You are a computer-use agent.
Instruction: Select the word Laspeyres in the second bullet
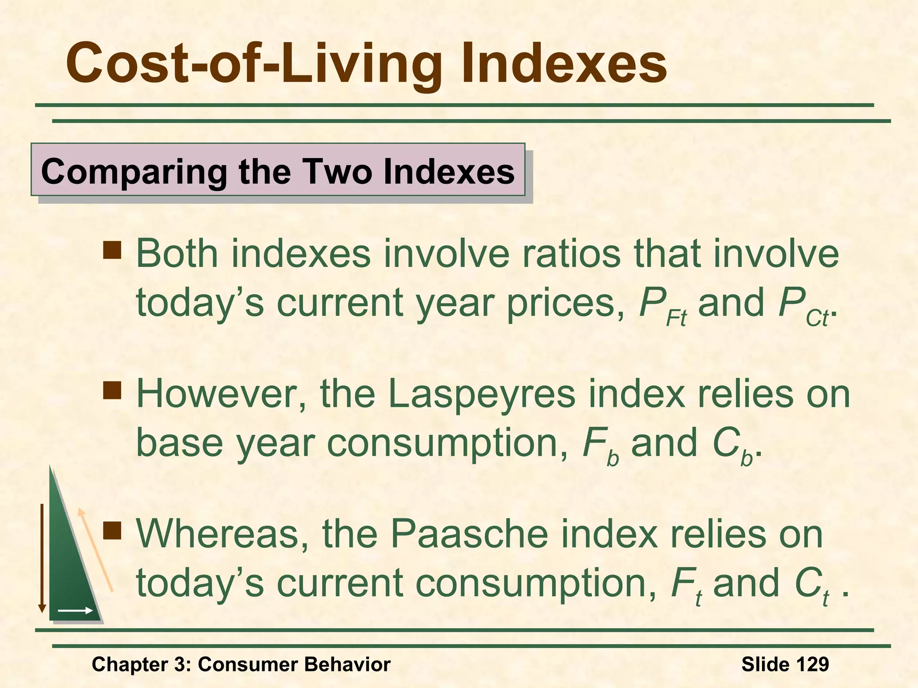[x=481, y=394]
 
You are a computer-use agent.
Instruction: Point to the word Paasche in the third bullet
[x=469, y=534]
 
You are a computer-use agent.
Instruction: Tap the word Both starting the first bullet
[x=177, y=254]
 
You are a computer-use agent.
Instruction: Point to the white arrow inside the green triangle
[x=75, y=611]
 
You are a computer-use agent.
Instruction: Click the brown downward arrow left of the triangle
[x=42, y=558]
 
